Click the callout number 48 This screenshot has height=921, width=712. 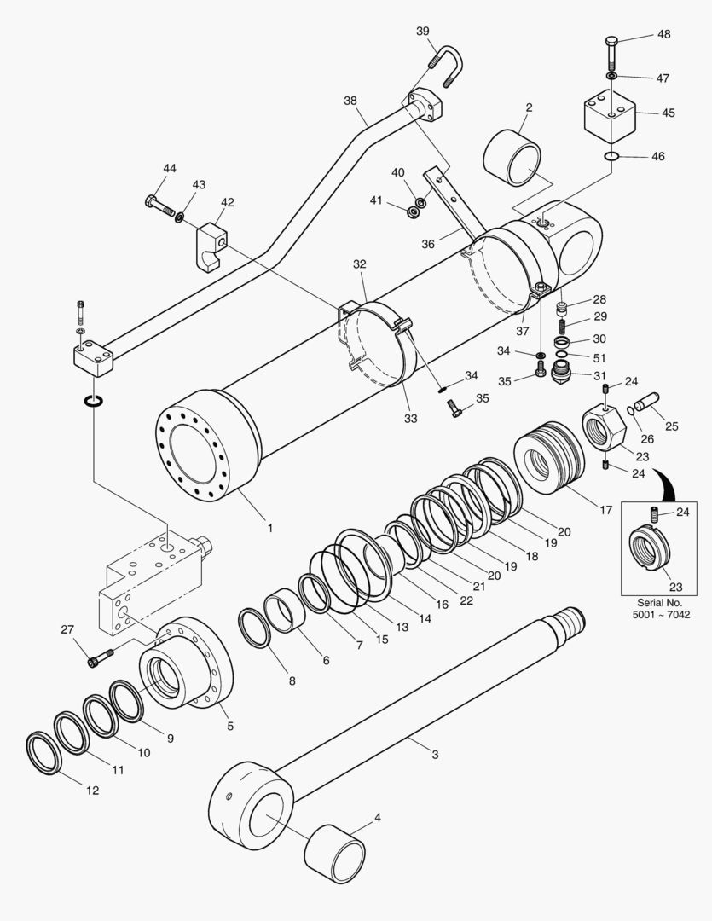pyautogui.click(x=663, y=35)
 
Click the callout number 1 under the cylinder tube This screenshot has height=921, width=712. pyautogui.click(x=270, y=528)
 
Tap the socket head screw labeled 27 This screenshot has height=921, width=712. pyautogui.click(x=98, y=657)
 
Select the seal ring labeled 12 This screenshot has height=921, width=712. pyautogui.click(x=44, y=751)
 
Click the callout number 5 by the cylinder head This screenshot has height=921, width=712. pyautogui.click(x=229, y=727)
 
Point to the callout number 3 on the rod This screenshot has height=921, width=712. pyautogui.click(x=435, y=755)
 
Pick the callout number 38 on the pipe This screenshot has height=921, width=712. pyautogui.click(x=350, y=101)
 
